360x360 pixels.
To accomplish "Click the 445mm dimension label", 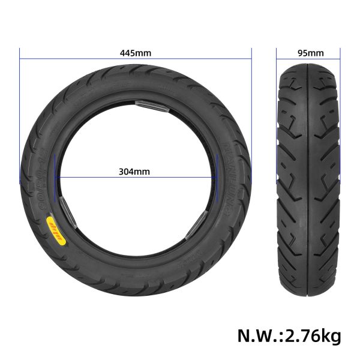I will pyautogui.click(x=136, y=53).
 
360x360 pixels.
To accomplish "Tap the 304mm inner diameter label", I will pyautogui.click(x=135, y=171).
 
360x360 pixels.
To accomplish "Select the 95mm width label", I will pyautogui.click(x=308, y=53).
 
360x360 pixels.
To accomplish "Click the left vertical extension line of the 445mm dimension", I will pyautogui.click(x=20, y=120).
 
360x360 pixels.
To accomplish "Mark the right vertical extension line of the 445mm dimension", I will pyautogui.click(x=251, y=120).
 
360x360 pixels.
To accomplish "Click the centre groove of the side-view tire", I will pyautogui.click(x=308, y=180).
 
